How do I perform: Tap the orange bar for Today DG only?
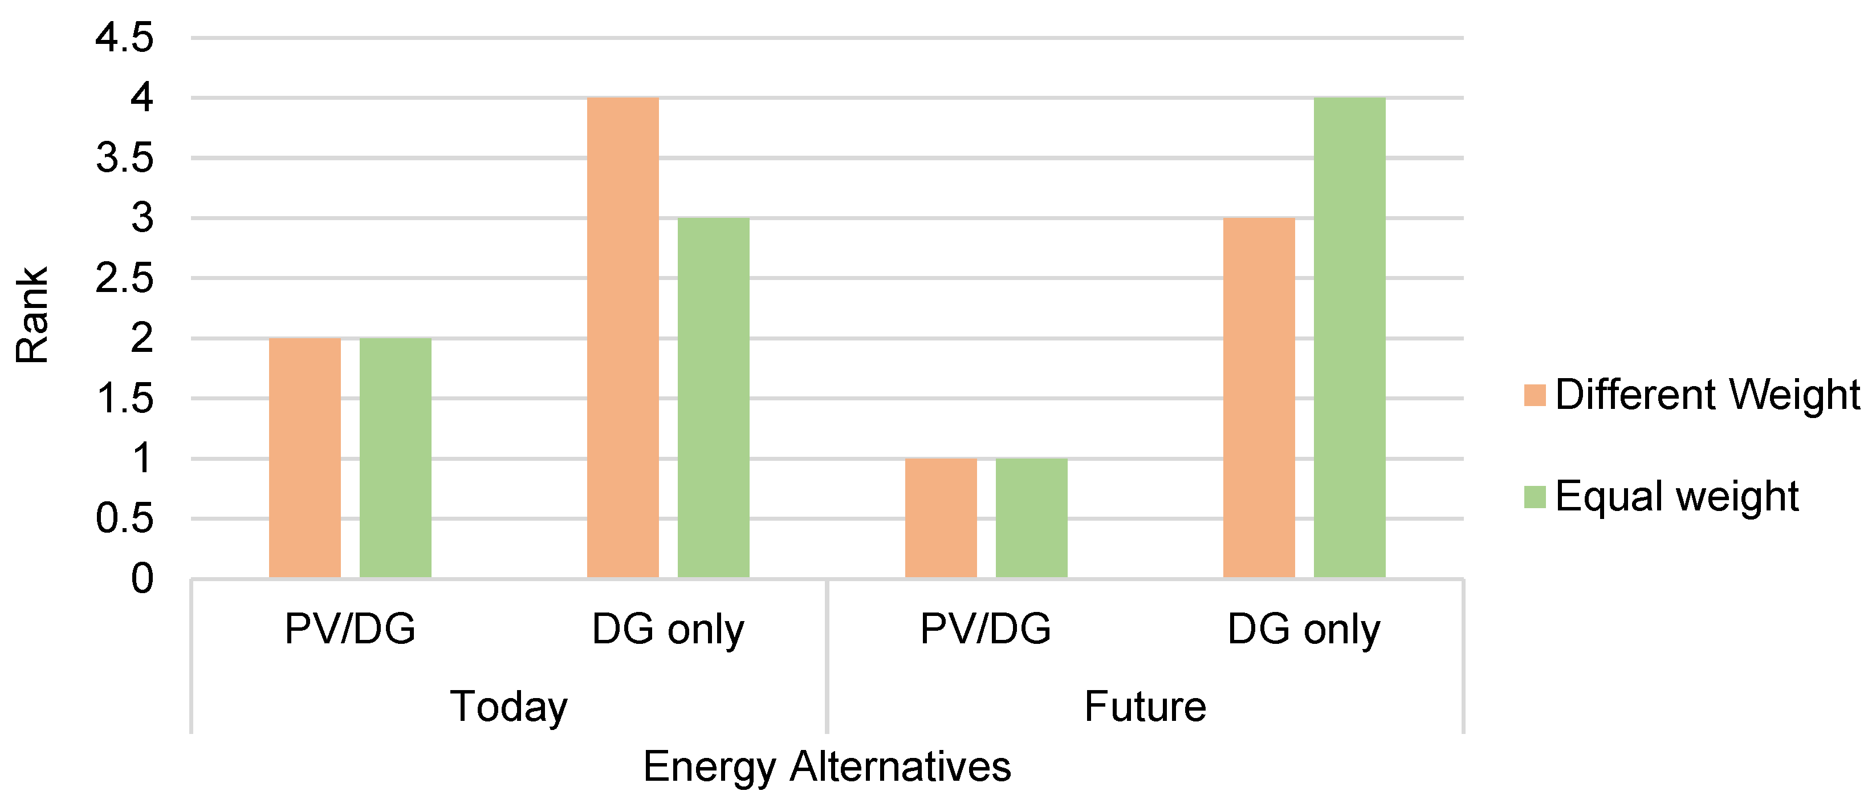(622, 338)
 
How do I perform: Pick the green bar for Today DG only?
(713, 398)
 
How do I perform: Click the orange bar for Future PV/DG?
(941, 518)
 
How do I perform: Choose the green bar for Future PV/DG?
(1031, 518)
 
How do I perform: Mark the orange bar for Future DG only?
(1259, 398)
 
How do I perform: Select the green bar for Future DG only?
(1349, 338)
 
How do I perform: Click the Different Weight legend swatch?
(1535, 395)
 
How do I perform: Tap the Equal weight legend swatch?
(1535, 497)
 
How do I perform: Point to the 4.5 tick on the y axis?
(124, 37)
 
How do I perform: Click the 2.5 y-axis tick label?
(124, 278)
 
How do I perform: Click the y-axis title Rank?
(32, 315)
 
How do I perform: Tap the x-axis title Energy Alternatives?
(827, 766)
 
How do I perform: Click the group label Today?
(508, 706)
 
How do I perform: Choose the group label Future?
(1145, 706)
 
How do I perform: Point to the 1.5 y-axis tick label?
(124, 399)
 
